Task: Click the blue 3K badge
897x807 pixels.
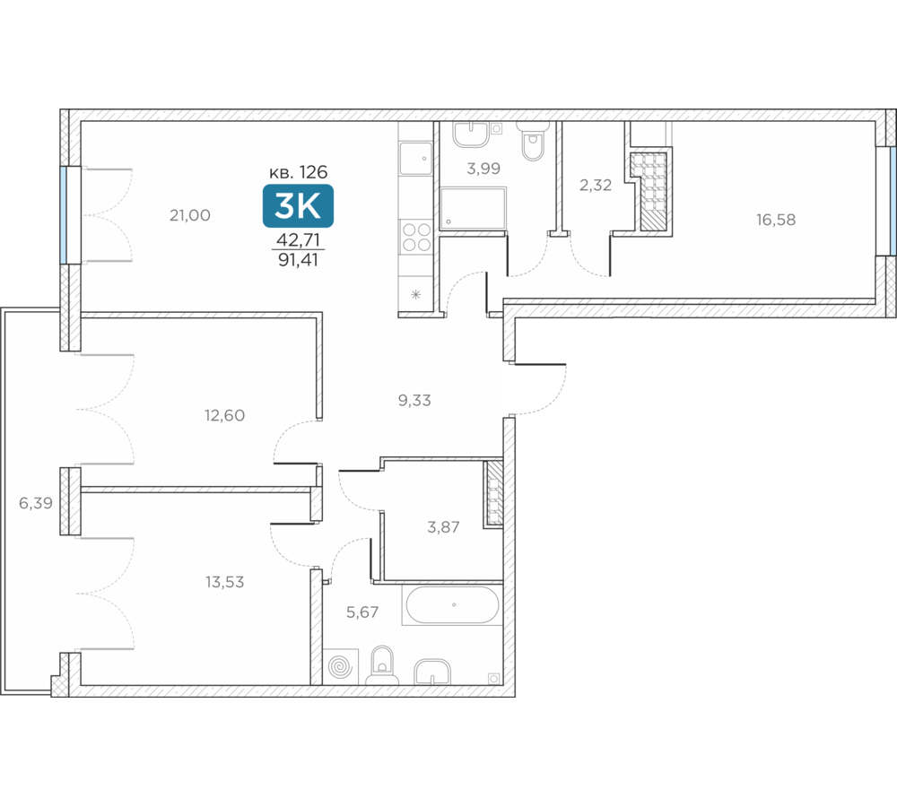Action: [298, 206]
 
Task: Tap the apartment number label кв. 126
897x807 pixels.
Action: [298, 171]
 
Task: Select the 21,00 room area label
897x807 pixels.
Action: [190, 215]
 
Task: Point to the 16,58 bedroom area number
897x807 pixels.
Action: [776, 221]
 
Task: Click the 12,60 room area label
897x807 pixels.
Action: [225, 415]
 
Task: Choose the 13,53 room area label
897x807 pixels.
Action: [225, 582]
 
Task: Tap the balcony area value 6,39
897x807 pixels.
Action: [36, 503]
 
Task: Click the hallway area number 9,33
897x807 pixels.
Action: [414, 400]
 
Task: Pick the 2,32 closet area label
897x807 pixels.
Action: [596, 186]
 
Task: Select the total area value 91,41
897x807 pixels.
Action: [298, 260]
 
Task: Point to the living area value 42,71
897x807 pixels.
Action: [298, 239]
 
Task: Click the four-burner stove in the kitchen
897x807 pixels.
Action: [416, 237]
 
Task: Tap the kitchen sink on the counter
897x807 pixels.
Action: [416, 159]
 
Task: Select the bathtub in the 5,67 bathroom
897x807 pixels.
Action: [452, 604]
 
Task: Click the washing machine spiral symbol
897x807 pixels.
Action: [340, 666]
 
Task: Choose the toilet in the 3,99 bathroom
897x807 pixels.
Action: [533, 142]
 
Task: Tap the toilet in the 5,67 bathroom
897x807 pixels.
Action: [382, 666]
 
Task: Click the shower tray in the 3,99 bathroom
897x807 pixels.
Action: [473, 208]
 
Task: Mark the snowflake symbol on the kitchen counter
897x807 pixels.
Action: [416, 295]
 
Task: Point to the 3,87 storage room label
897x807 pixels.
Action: [443, 527]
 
